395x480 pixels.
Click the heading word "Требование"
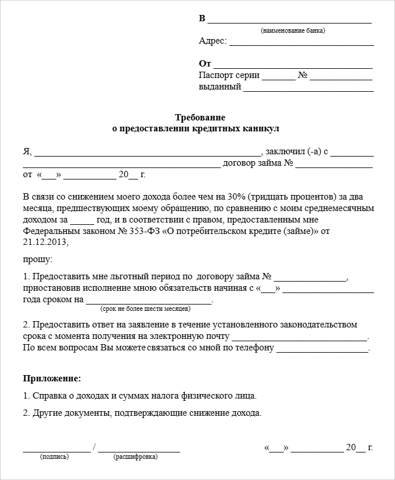point(196,118)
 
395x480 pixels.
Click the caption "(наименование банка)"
point(292,30)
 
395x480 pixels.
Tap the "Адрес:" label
point(212,41)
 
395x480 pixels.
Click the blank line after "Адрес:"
point(301,44)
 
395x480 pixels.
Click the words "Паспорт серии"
point(229,75)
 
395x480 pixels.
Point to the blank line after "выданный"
point(308,89)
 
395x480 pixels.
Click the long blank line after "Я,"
point(148,154)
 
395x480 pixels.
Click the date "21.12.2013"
point(45,243)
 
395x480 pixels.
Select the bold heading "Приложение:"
point(52,378)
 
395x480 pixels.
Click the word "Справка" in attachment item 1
point(48,396)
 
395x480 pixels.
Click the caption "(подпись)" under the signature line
point(55,457)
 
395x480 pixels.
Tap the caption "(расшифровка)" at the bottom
point(136,457)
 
